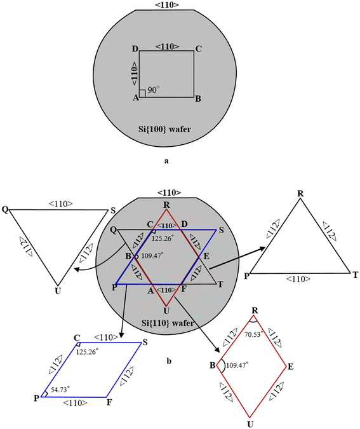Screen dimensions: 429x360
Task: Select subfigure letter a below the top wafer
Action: point(166,161)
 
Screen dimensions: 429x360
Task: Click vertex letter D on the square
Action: point(135,49)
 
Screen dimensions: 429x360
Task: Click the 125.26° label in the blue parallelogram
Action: point(90,351)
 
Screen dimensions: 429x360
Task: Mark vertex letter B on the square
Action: point(199,99)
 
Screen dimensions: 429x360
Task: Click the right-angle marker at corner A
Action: point(142,94)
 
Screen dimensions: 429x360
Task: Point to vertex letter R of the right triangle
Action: point(300,192)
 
